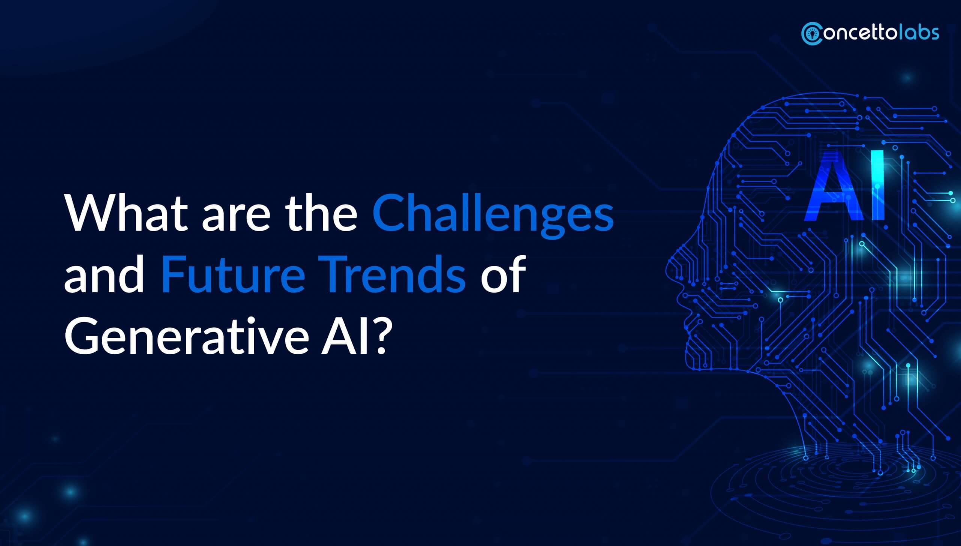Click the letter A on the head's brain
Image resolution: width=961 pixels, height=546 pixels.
coord(831,191)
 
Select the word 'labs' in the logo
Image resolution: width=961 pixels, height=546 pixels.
coord(919,33)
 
